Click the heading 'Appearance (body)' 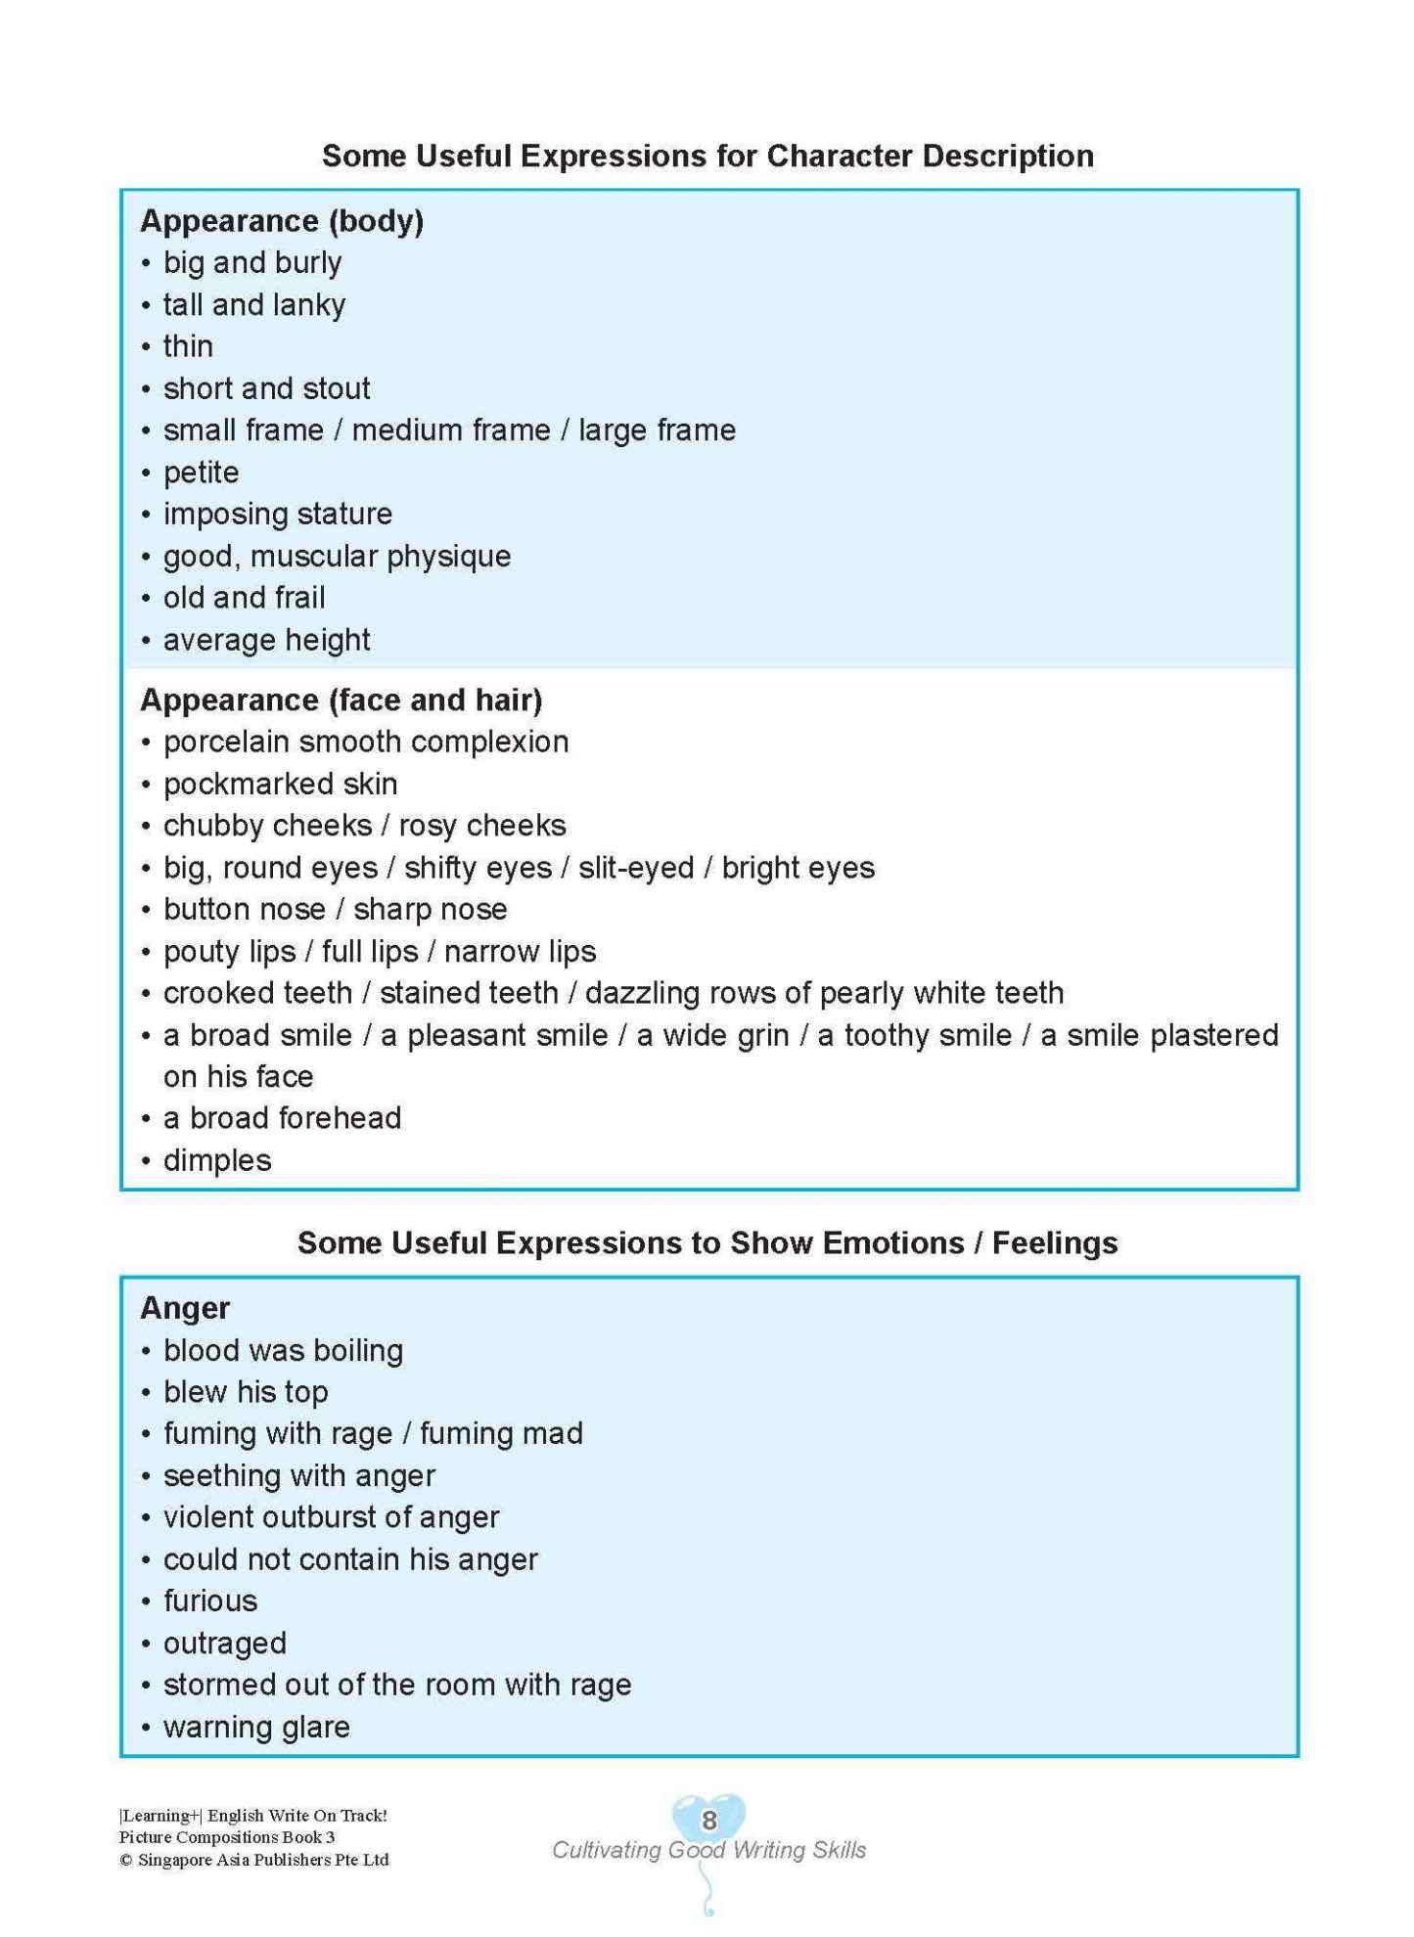click(282, 221)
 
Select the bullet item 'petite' click(201, 473)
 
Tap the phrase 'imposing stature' click(277, 515)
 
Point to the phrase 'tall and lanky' click(253, 305)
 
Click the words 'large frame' click(657, 430)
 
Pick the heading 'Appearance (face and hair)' click(341, 700)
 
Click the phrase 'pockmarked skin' click(280, 785)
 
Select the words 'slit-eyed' click(636, 868)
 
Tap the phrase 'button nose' click(244, 910)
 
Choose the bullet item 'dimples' click(217, 1161)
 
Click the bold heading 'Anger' click(185, 1309)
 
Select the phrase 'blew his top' click(246, 1392)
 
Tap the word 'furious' click(210, 1601)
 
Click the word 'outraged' click(225, 1644)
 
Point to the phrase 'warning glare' click(256, 1728)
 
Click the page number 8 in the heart click(709, 1821)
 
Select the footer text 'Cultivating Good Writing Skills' click(708, 1850)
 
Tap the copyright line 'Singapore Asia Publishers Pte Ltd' click(262, 1860)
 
